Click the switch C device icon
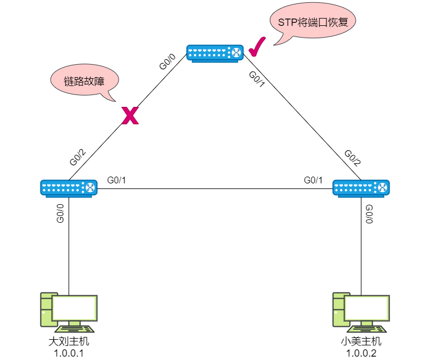point(215,53)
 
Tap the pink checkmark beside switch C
point(256,48)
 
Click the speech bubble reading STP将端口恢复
point(313,22)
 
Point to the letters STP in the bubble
point(287,22)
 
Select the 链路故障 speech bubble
point(85,80)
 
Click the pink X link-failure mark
point(130,116)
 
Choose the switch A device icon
point(69,188)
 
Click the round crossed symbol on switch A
point(89,187)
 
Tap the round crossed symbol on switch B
point(382,187)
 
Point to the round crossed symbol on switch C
point(236,53)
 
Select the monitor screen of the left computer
point(75,308)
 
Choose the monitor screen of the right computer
point(367,308)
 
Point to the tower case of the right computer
point(338,309)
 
